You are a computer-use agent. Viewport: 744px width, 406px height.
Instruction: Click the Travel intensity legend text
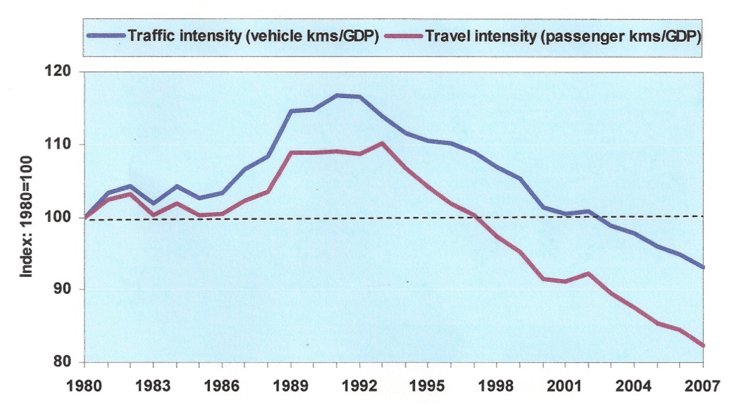pyautogui.click(x=563, y=35)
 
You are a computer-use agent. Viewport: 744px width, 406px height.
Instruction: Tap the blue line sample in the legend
pyautogui.click(x=106, y=35)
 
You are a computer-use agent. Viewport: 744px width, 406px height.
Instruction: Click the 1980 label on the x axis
pyautogui.click(x=85, y=386)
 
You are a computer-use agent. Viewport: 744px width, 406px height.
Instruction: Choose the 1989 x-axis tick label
pyautogui.click(x=291, y=386)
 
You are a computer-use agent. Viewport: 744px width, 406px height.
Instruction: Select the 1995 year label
pyautogui.click(x=428, y=386)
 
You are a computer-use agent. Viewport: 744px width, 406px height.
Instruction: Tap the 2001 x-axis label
pyautogui.click(x=566, y=386)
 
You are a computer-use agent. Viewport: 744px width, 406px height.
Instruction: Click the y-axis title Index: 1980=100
pyautogui.click(x=27, y=217)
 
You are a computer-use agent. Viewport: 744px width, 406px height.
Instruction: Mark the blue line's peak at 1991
pyautogui.click(x=337, y=94)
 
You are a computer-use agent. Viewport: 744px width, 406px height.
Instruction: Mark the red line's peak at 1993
pyautogui.click(x=382, y=143)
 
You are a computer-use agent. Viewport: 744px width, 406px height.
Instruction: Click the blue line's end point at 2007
pyautogui.click(x=703, y=267)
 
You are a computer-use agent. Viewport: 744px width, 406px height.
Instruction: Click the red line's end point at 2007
pyautogui.click(x=703, y=345)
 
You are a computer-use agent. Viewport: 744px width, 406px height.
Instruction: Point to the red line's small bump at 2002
pyautogui.click(x=588, y=273)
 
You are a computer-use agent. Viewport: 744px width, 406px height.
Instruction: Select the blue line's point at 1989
pyautogui.click(x=291, y=111)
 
